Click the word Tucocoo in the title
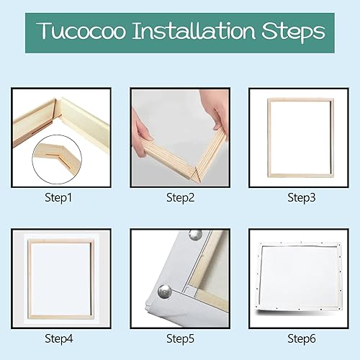[81, 31]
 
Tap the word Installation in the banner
[194, 31]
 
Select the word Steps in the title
[293, 32]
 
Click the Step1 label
[58, 198]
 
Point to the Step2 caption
[180, 198]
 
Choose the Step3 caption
[302, 198]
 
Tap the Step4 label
[59, 338]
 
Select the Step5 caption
[180, 338]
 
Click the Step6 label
[302, 338]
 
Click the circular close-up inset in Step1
[57, 159]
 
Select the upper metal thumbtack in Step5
[195, 235]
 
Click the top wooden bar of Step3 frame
[301, 100]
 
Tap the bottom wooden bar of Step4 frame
[60, 317]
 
